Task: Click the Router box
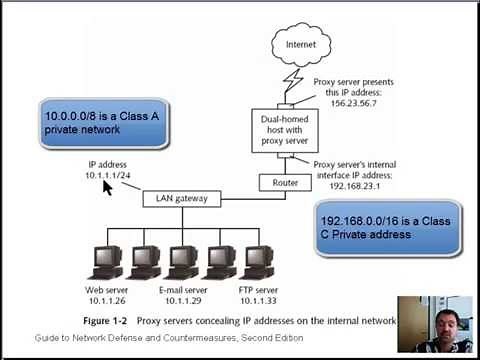pos(279,182)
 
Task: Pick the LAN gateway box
pos(181,198)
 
